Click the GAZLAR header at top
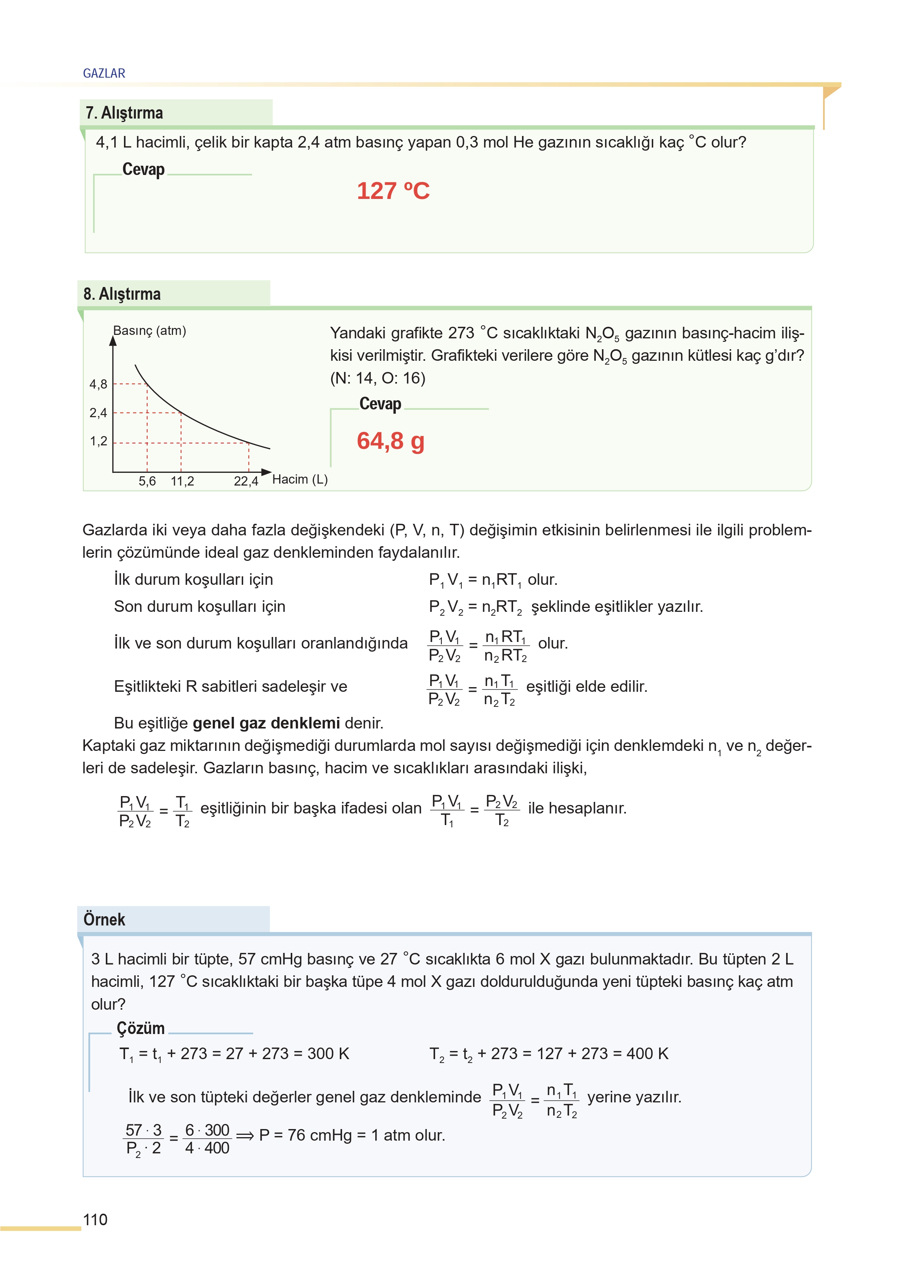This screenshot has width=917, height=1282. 104,73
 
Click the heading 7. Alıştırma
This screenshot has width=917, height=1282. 124,113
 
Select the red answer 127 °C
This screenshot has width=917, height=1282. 393,191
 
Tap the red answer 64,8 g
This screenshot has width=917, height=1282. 390,441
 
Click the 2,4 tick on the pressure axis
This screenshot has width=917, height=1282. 98,413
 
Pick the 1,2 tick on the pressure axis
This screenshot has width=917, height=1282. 98,441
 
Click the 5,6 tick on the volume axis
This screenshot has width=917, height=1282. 147,481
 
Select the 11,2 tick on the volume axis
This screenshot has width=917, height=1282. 182,481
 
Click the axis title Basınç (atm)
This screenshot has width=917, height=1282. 150,330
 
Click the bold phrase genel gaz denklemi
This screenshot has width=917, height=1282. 266,723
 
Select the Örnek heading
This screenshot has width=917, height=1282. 105,919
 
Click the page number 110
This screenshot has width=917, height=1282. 95,1220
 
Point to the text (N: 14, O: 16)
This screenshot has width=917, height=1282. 378,378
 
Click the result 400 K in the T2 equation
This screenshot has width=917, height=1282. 647,1054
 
